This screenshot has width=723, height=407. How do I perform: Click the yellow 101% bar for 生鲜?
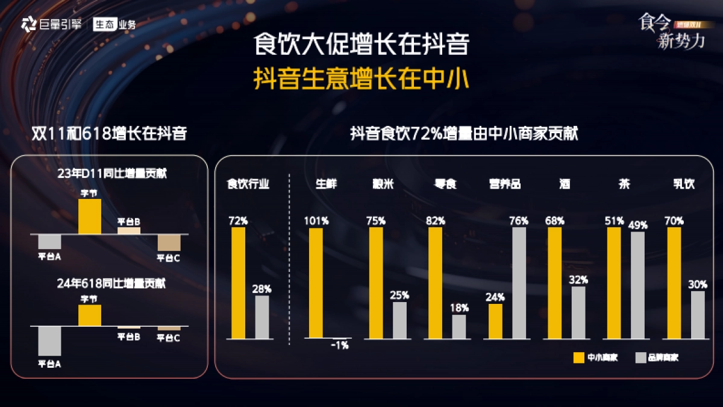(x=316, y=283)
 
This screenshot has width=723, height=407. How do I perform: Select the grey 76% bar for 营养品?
(x=519, y=283)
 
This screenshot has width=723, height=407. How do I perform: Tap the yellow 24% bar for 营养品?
(x=495, y=321)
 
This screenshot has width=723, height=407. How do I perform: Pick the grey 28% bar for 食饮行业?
(x=262, y=317)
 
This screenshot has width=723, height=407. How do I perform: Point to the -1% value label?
(x=340, y=345)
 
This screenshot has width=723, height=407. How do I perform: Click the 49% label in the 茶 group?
(x=638, y=225)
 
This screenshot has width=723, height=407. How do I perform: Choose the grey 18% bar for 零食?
(x=459, y=326)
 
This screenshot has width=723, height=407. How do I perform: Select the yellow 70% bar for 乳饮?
(x=674, y=283)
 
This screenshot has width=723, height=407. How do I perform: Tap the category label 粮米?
(x=383, y=184)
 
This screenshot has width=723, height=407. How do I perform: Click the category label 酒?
(x=565, y=184)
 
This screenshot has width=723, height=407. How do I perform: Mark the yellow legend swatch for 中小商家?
(x=578, y=358)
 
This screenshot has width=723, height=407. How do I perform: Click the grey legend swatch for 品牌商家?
(x=640, y=358)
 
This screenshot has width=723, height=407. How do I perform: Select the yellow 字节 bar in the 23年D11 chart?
(x=90, y=216)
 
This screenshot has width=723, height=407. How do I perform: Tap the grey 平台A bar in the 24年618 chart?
(x=49, y=341)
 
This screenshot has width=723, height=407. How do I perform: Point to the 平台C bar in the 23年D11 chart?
(x=169, y=242)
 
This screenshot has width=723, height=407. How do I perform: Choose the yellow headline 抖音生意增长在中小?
(x=361, y=79)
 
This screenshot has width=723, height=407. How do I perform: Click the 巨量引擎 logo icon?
(x=28, y=25)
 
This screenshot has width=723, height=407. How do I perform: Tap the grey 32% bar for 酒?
(x=578, y=312)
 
